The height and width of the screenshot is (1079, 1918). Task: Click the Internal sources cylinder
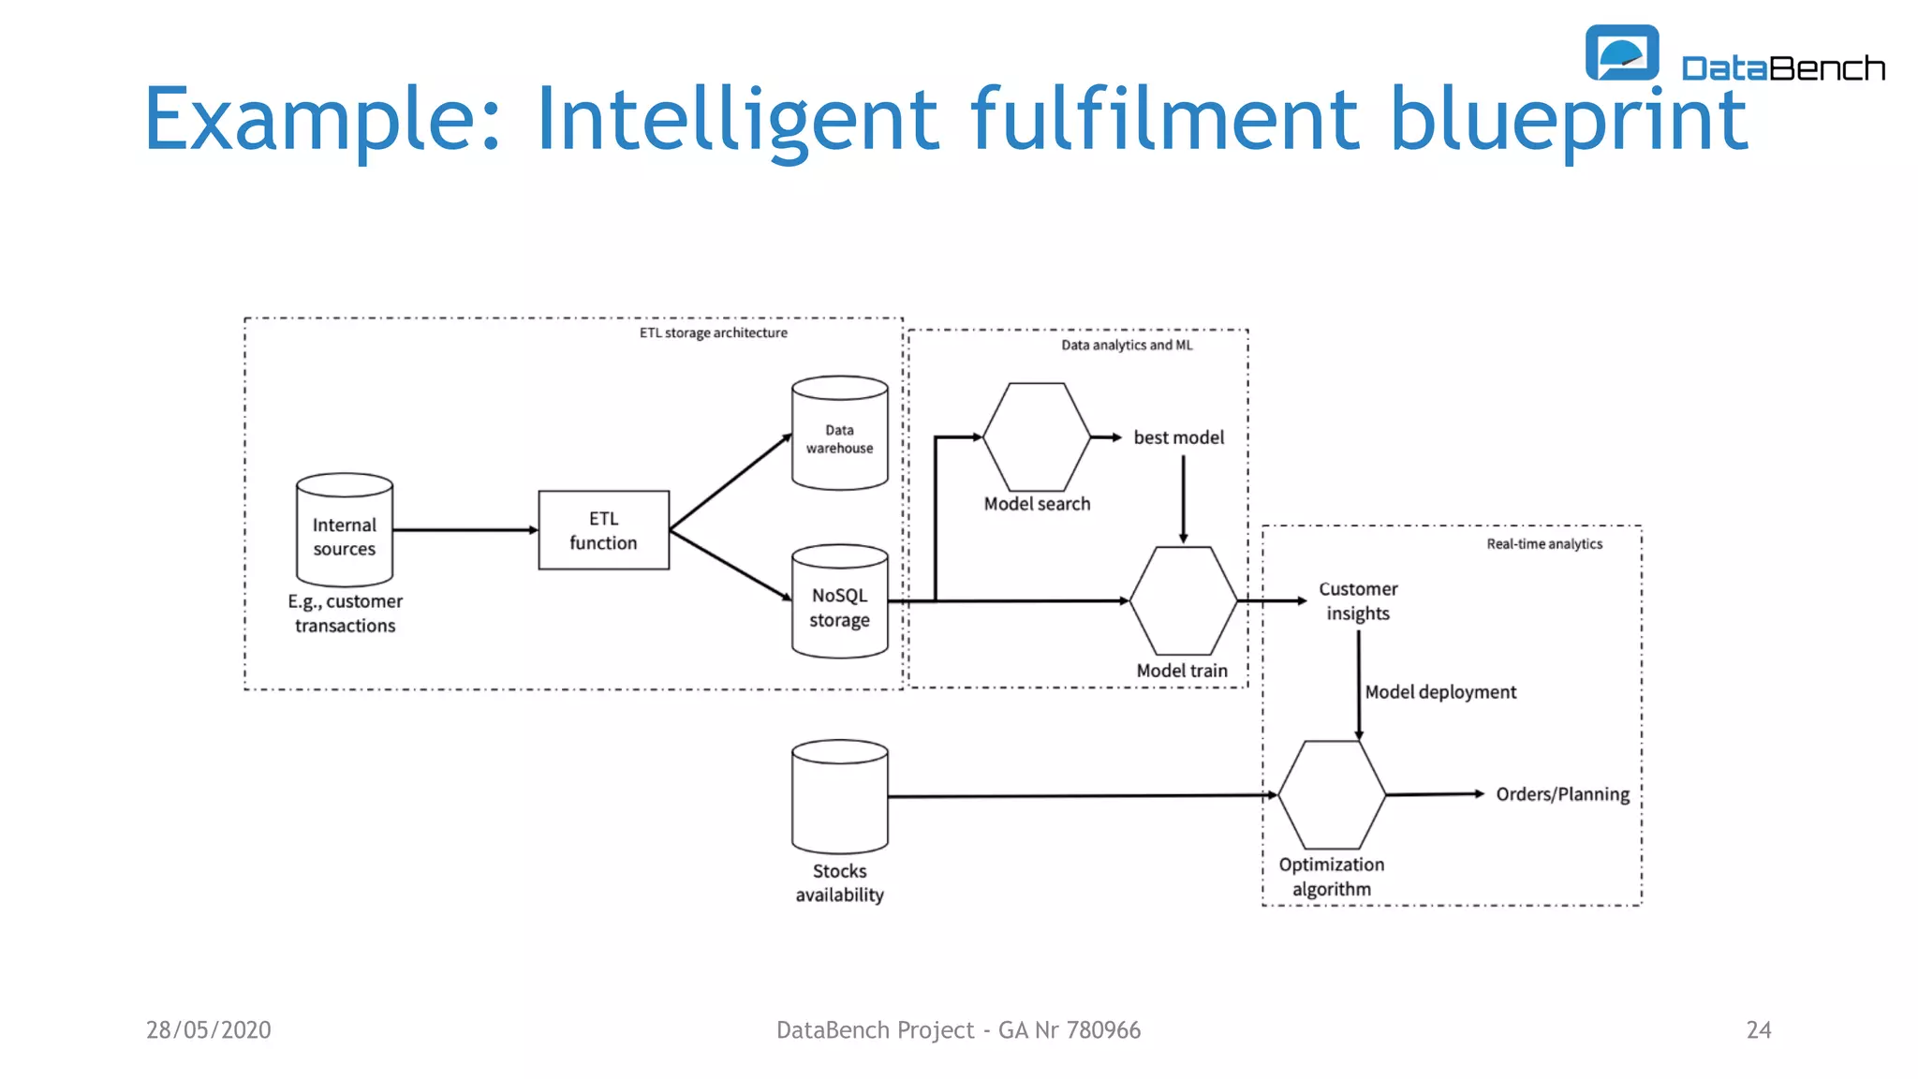point(344,530)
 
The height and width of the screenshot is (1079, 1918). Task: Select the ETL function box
point(603,530)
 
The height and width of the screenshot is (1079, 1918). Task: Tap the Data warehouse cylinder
point(839,434)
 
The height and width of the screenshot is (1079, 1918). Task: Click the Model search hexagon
point(1036,436)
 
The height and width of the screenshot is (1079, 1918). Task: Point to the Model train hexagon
point(1183,600)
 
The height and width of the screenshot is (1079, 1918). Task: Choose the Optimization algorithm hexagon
point(1331,794)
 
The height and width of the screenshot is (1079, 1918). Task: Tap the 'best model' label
point(1178,437)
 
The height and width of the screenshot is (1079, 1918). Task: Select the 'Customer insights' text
point(1358,601)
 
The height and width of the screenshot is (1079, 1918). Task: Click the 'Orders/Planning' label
point(1562,794)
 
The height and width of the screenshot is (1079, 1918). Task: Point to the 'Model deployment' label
point(1440,692)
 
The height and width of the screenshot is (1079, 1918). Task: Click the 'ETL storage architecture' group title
point(713,333)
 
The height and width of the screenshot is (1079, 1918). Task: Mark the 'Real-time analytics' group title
point(1543,544)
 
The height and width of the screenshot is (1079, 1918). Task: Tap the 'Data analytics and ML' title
point(1127,345)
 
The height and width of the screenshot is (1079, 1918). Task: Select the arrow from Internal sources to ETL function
point(465,530)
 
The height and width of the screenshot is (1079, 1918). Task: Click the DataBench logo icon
point(1621,52)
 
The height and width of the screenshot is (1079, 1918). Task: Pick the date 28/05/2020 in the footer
point(208,1030)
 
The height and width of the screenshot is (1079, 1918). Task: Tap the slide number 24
point(1758,1030)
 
